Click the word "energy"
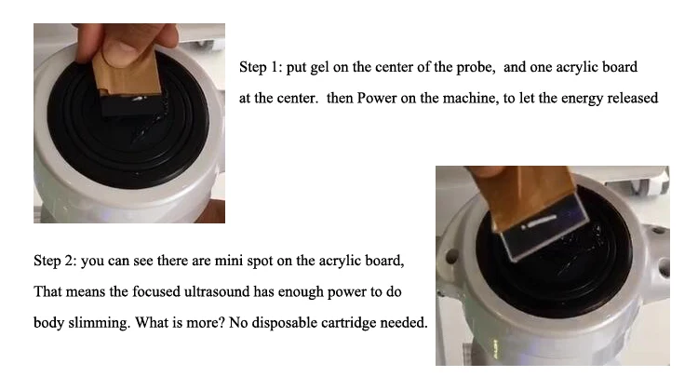point(582,99)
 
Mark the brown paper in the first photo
point(127,74)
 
